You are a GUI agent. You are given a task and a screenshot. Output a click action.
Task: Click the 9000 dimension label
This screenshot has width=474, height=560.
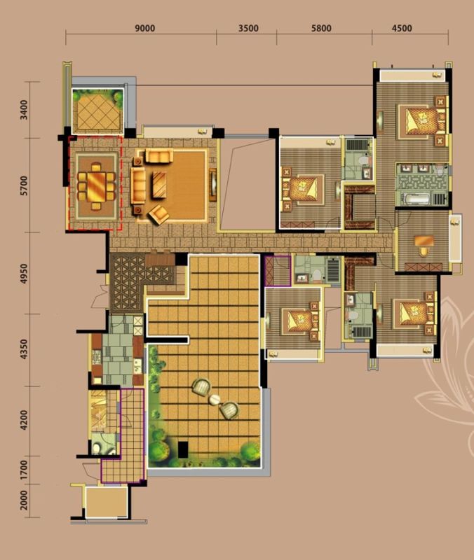pyautogui.click(x=145, y=28)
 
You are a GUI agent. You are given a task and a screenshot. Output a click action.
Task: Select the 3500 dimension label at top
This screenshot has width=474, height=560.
pyautogui.click(x=248, y=28)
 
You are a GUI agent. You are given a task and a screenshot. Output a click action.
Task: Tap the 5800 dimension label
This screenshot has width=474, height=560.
pyautogui.click(x=321, y=28)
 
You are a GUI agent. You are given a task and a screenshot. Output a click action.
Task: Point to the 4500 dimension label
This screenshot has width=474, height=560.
pyautogui.click(x=402, y=28)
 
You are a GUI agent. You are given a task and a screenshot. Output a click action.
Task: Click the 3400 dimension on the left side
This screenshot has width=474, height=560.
pyautogui.click(x=24, y=110)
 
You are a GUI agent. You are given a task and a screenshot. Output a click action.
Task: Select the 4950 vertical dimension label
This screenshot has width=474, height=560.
pyautogui.click(x=24, y=274)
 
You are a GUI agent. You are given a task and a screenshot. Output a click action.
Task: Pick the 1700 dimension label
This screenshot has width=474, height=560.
pyautogui.click(x=24, y=470)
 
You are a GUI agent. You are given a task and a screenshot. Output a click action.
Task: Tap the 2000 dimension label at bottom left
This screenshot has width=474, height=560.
pyautogui.click(x=24, y=500)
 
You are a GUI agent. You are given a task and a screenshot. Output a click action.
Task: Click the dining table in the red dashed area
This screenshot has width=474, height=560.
pyautogui.click(x=96, y=186)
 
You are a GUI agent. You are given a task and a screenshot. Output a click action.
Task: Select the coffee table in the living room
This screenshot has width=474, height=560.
pyautogui.click(x=159, y=185)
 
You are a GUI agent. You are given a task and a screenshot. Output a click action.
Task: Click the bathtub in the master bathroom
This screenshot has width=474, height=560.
pyautogui.click(x=417, y=199)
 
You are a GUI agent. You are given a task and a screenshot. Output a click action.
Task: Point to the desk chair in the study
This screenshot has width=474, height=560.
pyautogui.click(x=424, y=251)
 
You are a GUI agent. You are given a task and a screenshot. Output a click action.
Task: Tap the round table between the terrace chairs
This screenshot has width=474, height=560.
pyautogui.click(x=215, y=400)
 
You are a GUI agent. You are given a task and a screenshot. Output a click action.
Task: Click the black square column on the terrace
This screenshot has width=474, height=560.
pyautogui.click(x=183, y=449)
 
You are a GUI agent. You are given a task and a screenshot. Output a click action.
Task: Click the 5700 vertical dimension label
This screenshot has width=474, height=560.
pyautogui.click(x=24, y=185)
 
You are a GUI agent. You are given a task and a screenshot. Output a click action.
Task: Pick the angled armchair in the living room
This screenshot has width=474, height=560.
pyautogui.click(x=159, y=214)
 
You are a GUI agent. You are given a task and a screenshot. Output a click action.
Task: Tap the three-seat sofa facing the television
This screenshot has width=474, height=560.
pyautogui.click(x=138, y=185)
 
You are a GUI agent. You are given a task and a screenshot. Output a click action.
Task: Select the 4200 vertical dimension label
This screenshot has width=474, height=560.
pyautogui.click(x=24, y=420)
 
